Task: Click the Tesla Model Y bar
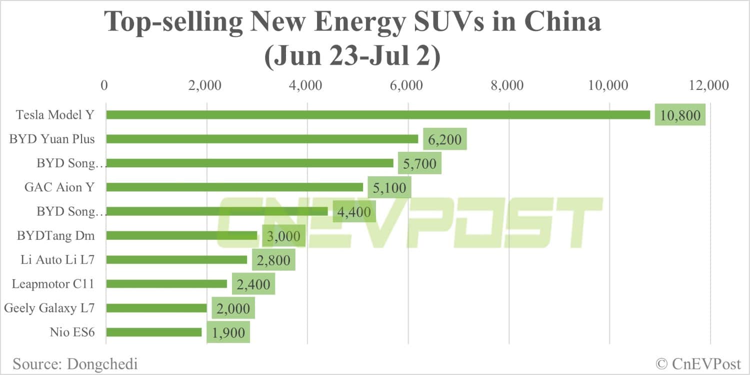click(x=378, y=115)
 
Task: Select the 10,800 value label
click(x=680, y=115)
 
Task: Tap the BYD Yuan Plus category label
click(x=52, y=139)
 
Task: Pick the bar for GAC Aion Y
click(x=234, y=187)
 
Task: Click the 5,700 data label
click(x=419, y=163)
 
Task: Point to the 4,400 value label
click(x=354, y=212)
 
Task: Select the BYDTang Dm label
click(x=55, y=235)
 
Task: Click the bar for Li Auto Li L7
click(x=176, y=260)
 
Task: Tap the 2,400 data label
click(x=253, y=284)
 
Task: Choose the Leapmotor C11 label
click(x=53, y=284)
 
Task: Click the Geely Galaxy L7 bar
click(x=156, y=308)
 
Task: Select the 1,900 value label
click(x=228, y=333)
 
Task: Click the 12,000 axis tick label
click(x=708, y=85)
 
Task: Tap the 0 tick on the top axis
click(x=104, y=85)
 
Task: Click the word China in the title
click(x=561, y=23)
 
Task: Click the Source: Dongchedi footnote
click(x=75, y=363)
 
